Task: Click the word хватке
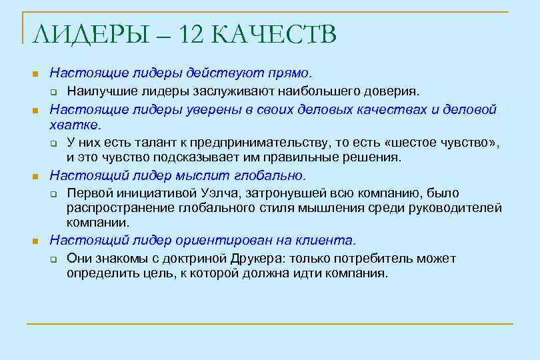tap(75, 125)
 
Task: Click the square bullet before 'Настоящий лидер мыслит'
tap(36, 177)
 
